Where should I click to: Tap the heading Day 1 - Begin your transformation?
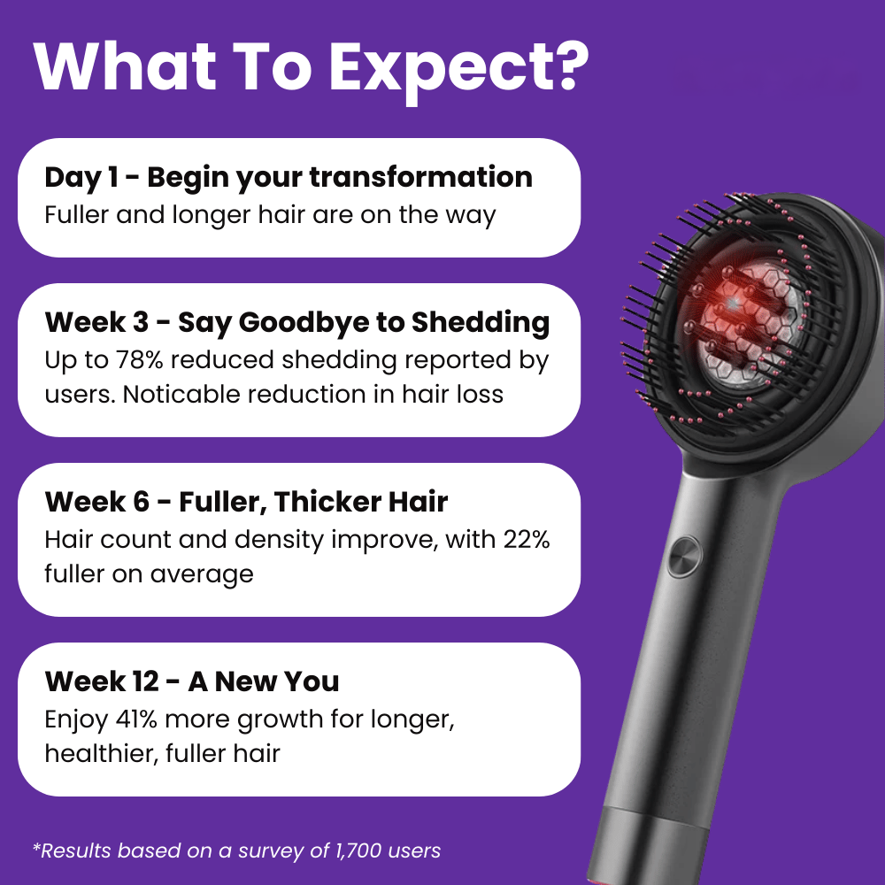[x=289, y=178]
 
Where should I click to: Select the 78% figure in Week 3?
[x=140, y=360]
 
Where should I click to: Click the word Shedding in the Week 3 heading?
[x=481, y=322]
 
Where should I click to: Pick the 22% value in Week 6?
[x=526, y=540]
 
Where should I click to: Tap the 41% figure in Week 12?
[x=136, y=719]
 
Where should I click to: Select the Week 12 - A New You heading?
[x=192, y=681]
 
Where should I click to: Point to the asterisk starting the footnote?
[x=36, y=846]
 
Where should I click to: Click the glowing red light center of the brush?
[x=732, y=304]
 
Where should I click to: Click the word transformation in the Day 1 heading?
[x=421, y=177]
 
